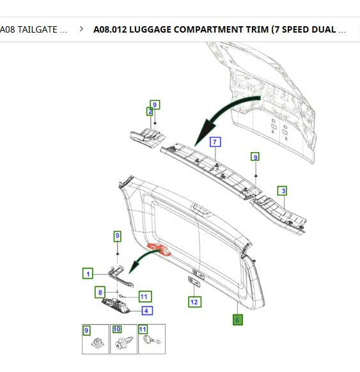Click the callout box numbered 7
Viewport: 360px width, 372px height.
click(x=215, y=142)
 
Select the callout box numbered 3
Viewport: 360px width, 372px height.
click(x=282, y=190)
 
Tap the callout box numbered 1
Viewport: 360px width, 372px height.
click(x=88, y=274)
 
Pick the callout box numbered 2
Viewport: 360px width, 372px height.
click(x=150, y=111)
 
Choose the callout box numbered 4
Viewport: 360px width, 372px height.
click(x=147, y=311)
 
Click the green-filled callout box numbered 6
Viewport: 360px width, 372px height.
click(x=238, y=320)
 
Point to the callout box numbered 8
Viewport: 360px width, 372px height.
click(x=100, y=292)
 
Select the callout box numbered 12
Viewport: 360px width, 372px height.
click(x=195, y=302)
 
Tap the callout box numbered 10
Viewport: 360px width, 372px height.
click(x=117, y=329)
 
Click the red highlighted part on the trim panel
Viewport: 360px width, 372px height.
click(x=159, y=249)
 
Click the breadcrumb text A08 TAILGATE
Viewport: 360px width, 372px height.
click(x=33, y=29)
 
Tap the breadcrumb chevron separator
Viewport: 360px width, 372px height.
click(x=81, y=29)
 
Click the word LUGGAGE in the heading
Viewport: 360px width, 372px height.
click(x=150, y=29)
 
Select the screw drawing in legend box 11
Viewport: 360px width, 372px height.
click(x=152, y=339)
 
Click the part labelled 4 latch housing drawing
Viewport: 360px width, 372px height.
click(x=116, y=306)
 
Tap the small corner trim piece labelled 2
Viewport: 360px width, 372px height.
click(x=148, y=137)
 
